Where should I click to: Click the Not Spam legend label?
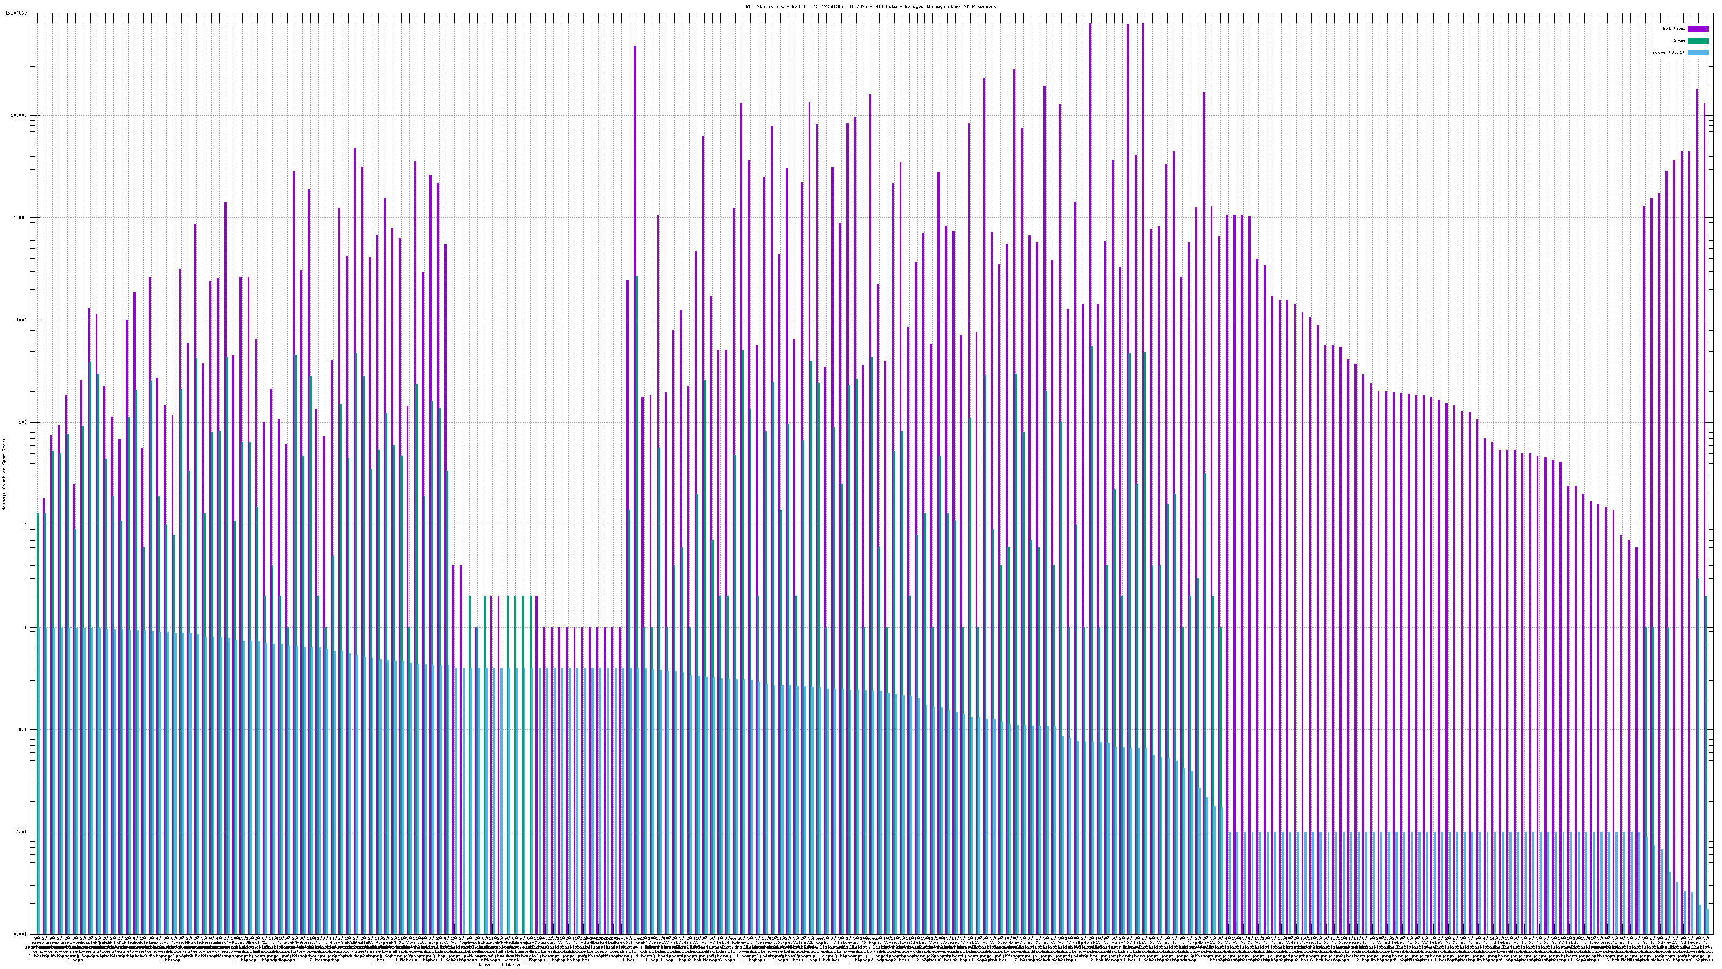(x=1674, y=29)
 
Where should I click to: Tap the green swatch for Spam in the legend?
(x=1698, y=41)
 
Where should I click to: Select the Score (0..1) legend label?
(x=1669, y=52)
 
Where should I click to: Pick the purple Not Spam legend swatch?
(x=1698, y=29)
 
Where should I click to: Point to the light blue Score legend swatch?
(x=1698, y=52)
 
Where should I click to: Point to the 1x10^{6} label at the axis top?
(x=16, y=13)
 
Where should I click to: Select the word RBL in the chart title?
(x=750, y=6)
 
